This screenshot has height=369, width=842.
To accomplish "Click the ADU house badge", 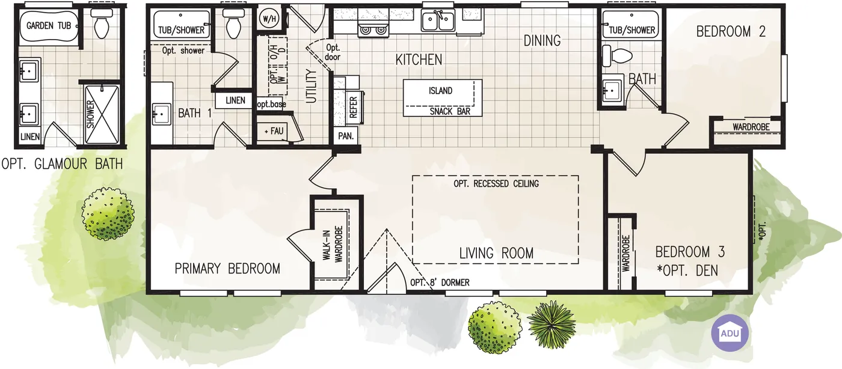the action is (x=730, y=333).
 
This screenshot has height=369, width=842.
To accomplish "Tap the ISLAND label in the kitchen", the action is (x=440, y=91).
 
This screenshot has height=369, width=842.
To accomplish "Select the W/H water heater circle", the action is (x=269, y=19).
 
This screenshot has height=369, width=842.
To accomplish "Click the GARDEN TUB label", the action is (x=49, y=26).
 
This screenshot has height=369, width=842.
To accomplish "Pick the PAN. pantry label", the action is (x=346, y=136).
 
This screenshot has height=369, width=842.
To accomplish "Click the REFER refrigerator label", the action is (x=354, y=108).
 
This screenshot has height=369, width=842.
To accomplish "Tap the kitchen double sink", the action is (x=438, y=20).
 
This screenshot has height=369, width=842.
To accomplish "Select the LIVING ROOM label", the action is (x=496, y=253).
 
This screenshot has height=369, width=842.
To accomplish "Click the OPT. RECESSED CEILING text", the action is (x=496, y=184).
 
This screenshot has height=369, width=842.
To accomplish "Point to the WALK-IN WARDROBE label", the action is (x=333, y=244).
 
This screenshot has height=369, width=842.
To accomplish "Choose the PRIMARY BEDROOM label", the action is (x=227, y=269).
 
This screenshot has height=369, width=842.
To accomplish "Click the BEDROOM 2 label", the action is (x=731, y=32).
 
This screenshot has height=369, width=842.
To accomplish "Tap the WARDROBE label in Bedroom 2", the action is (x=751, y=127).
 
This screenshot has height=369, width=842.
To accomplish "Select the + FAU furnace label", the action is (x=274, y=131).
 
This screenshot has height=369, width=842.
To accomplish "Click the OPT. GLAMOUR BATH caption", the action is (x=62, y=164).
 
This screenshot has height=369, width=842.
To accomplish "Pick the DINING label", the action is (x=542, y=41).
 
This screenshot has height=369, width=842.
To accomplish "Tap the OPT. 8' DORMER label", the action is (x=440, y=282).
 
